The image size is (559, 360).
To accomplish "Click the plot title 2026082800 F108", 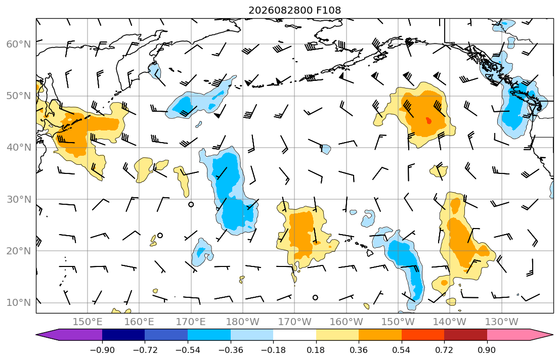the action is (294, 10).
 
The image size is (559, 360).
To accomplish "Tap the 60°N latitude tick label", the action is (19, 44).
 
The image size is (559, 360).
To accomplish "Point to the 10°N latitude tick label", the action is (19, 303).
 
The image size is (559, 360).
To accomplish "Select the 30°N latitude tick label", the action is (19, 199).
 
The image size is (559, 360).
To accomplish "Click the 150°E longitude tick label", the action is (88, 322).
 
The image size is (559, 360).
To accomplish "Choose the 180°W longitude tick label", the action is (243, 322).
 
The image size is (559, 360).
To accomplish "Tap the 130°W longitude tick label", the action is (502, 322).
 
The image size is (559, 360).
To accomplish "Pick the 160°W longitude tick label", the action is (346, 322).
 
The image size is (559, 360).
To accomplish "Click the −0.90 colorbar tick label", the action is (102, 350).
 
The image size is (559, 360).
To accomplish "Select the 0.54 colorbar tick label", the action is (402, 350).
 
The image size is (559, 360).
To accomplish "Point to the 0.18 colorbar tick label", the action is (316, 350).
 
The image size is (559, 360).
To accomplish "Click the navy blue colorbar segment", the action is (123, 335).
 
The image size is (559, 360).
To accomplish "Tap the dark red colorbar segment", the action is (465, 335).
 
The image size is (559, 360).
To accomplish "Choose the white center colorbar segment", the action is (294, 335).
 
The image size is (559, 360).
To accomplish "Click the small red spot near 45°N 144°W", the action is (428, 121).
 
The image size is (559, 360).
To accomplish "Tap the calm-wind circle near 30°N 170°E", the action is (191, 204).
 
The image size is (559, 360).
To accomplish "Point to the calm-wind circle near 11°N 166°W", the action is (315, 297).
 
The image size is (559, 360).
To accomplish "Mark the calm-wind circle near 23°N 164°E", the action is (160, 235).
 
